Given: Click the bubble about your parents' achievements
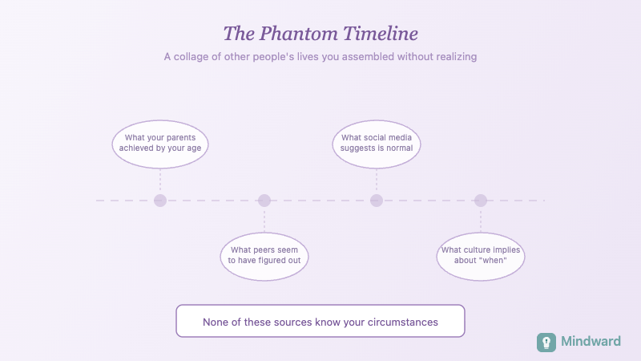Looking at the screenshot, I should pos(160,144).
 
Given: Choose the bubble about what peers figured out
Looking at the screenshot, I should pos(264,256).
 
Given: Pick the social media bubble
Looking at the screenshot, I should pos(377,144).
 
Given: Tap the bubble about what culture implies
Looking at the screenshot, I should pos(481,256).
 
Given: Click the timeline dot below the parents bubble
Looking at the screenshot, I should pos(160,201).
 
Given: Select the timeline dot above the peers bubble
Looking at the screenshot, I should pos(264,201).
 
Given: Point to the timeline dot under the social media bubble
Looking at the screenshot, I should pos(377,201).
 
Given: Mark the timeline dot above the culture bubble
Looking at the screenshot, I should pos(481,201).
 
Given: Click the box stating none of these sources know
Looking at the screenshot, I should pos(320,322).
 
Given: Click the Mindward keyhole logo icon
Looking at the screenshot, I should pos(546,342).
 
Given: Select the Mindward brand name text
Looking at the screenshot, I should pos(591,342).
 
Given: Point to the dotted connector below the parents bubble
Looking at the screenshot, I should pos(160,180).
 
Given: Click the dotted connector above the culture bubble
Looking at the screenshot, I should pos(481,220).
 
